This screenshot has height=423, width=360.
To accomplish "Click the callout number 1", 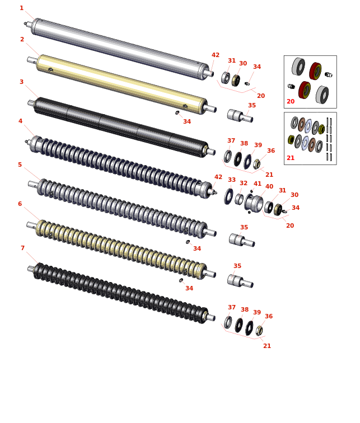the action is click(22, 8).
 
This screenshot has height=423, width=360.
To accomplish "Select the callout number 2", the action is click(22, 39).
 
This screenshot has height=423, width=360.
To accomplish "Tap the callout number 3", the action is click(22, 82).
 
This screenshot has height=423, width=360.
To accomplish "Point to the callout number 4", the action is click(21, 121).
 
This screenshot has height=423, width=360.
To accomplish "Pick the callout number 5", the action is click(20, 164).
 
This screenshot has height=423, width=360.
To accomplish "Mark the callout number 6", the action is click(20, 204).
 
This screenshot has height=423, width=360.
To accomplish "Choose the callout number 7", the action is click(22, 248).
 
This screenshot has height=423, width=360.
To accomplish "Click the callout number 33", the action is click(232, 180).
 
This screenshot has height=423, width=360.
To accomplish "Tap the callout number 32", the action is click(244, 183).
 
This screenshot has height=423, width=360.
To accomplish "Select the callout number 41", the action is click(258, 184).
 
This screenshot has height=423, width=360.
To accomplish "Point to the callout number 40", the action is click(269, 187).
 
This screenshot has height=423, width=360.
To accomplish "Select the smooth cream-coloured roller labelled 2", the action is click(121, 84).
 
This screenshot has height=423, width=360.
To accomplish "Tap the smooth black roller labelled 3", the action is click(121, 127).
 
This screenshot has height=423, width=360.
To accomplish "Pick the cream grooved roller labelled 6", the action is click(121, 250).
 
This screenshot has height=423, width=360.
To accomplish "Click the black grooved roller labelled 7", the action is click(121, 293).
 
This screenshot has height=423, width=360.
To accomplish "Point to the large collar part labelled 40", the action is click(254, 203).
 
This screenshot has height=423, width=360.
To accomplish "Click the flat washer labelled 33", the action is click(229, 196).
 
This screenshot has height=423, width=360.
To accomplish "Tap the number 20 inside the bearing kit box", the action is click(291, 101).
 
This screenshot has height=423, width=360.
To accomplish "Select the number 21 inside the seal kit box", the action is click(291, 158).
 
